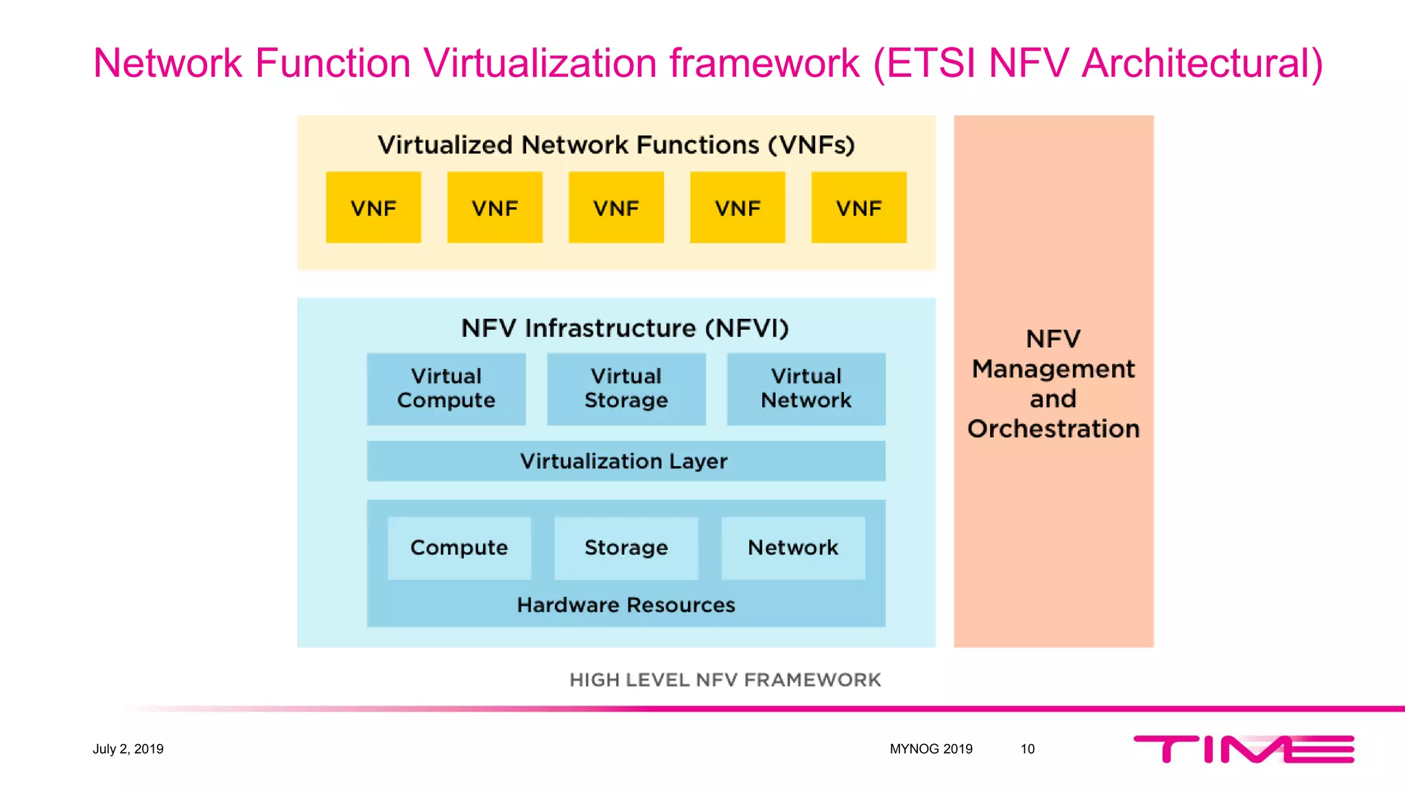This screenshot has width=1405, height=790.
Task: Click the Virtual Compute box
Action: click(x=446, y=389)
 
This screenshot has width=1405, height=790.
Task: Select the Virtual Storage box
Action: click(x=626, y=389)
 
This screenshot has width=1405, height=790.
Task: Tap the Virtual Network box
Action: click(x=806, y=389)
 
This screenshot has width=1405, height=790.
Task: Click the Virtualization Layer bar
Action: click(x=626, y=461)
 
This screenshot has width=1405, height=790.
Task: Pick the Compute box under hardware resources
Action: click(x=459, y=548)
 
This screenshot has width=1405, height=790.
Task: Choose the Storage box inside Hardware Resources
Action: click(x=626, y=548)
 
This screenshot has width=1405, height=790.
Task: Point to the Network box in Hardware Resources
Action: click(x=793, y=548)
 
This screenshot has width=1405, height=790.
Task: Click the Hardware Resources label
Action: click(x=626, y=605)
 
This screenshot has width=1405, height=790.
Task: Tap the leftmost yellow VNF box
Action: click(x=373, y=208)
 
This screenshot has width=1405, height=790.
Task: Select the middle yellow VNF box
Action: click(x=616, y=208)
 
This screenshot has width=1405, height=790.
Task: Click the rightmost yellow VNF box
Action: click(x=859, y=208)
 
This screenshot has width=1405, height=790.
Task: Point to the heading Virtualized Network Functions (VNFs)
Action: click(x=616, y=145)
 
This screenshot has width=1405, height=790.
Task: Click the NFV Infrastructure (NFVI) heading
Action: click(x=625, y=328)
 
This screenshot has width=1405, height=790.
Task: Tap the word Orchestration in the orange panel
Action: click(x=1054, y=429)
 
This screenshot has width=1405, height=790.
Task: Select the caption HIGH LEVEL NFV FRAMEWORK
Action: click(x=725, y=680)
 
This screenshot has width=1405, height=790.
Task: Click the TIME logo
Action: click(x=1244, y=749)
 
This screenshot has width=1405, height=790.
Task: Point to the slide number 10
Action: click(x=1027, y=749)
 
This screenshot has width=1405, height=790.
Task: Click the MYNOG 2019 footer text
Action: click(x=931, y=749)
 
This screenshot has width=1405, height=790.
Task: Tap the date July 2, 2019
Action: click(x=128, y=749)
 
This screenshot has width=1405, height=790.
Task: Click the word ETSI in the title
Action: click(x=930, y=63)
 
